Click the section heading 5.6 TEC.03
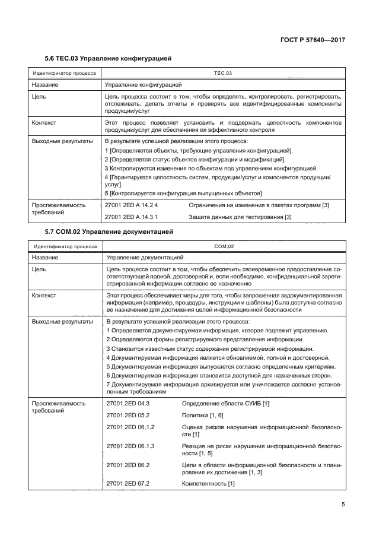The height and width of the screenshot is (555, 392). tap(108, 59)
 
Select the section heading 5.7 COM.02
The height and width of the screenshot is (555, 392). tap(109, 231)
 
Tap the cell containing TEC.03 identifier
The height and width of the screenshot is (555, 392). tap(222, 73)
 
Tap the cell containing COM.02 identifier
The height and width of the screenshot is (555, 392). tap(224, 246)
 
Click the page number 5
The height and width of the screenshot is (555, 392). tap(343, 505)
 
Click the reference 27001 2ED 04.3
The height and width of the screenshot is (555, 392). tap(128, 403)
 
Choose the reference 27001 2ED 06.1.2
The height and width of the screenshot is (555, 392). tap(130, 427)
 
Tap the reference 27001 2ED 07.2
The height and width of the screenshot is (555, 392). tap(128, 483)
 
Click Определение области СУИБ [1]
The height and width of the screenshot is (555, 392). tap(225, 403)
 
